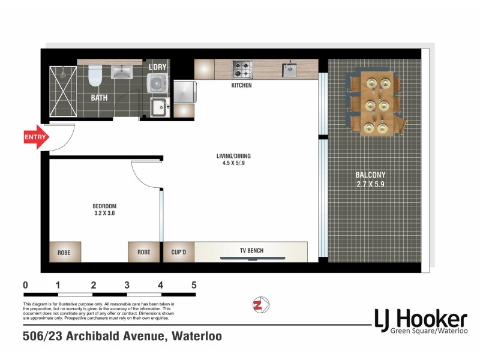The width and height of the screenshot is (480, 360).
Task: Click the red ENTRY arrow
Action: [36, 137]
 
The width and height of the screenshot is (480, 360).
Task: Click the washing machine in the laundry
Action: [158, 83]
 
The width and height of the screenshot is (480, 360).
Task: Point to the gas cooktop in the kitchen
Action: [242, 70]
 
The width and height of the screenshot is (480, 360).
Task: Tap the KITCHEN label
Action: [241, 86]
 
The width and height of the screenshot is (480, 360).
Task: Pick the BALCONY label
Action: [370, 175]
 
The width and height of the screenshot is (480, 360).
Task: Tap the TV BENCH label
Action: [251, 251]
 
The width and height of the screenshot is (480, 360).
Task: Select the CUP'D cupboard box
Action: [178, 252]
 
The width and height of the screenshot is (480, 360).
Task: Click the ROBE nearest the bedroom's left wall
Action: [64, 252]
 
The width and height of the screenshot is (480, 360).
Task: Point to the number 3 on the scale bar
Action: [127, 285]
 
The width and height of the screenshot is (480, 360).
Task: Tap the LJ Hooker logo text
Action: [420, 318]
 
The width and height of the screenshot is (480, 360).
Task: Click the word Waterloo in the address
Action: [197, 337]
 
